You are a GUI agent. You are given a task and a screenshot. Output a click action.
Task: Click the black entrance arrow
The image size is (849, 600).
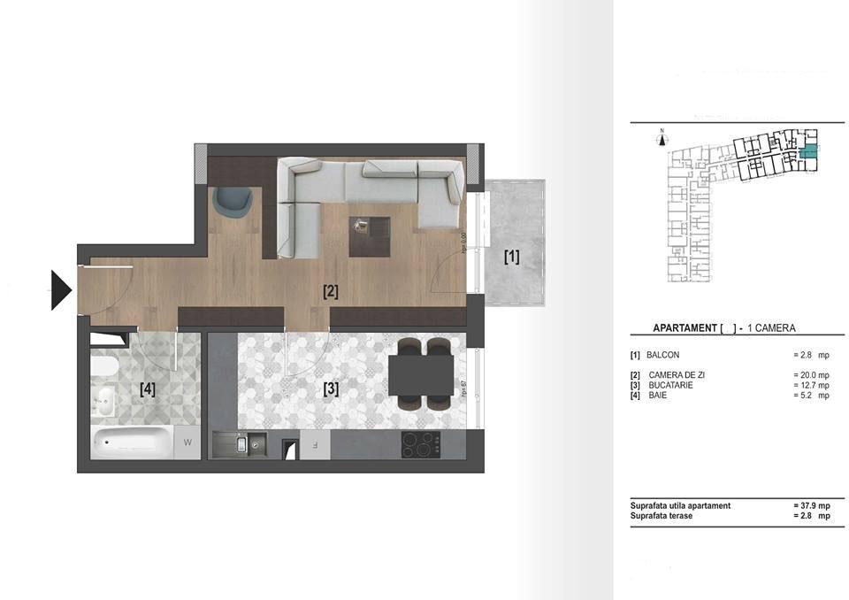(60, 289)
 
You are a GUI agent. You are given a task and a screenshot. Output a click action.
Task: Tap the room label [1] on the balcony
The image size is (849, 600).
(511, 258)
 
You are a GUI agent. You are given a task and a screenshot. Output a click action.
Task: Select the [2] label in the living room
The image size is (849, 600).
(330, 290)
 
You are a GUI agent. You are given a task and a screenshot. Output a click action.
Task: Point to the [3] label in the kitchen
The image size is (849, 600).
(330, 388)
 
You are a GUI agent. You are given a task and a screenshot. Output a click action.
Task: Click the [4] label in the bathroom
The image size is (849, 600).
(148, 388)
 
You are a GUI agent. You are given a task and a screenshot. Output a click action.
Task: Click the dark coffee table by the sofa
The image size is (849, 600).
(369, 236)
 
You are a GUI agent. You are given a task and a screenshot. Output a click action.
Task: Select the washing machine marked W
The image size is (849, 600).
(187, 440)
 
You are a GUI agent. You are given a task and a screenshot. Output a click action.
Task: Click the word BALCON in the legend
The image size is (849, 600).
(663, 354)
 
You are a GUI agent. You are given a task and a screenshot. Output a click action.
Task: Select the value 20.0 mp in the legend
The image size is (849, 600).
(811, 375)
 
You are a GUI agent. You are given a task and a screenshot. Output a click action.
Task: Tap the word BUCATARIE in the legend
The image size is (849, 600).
(669, 385)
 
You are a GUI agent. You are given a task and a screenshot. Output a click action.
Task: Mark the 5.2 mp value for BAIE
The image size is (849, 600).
(811, 396)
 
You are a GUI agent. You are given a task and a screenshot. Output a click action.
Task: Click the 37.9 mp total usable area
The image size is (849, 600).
(811, 505)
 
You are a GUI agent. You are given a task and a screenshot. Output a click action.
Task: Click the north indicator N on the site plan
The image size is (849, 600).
(662, 133)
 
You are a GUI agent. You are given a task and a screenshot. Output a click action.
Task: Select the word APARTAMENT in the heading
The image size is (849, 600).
(685, 328)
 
